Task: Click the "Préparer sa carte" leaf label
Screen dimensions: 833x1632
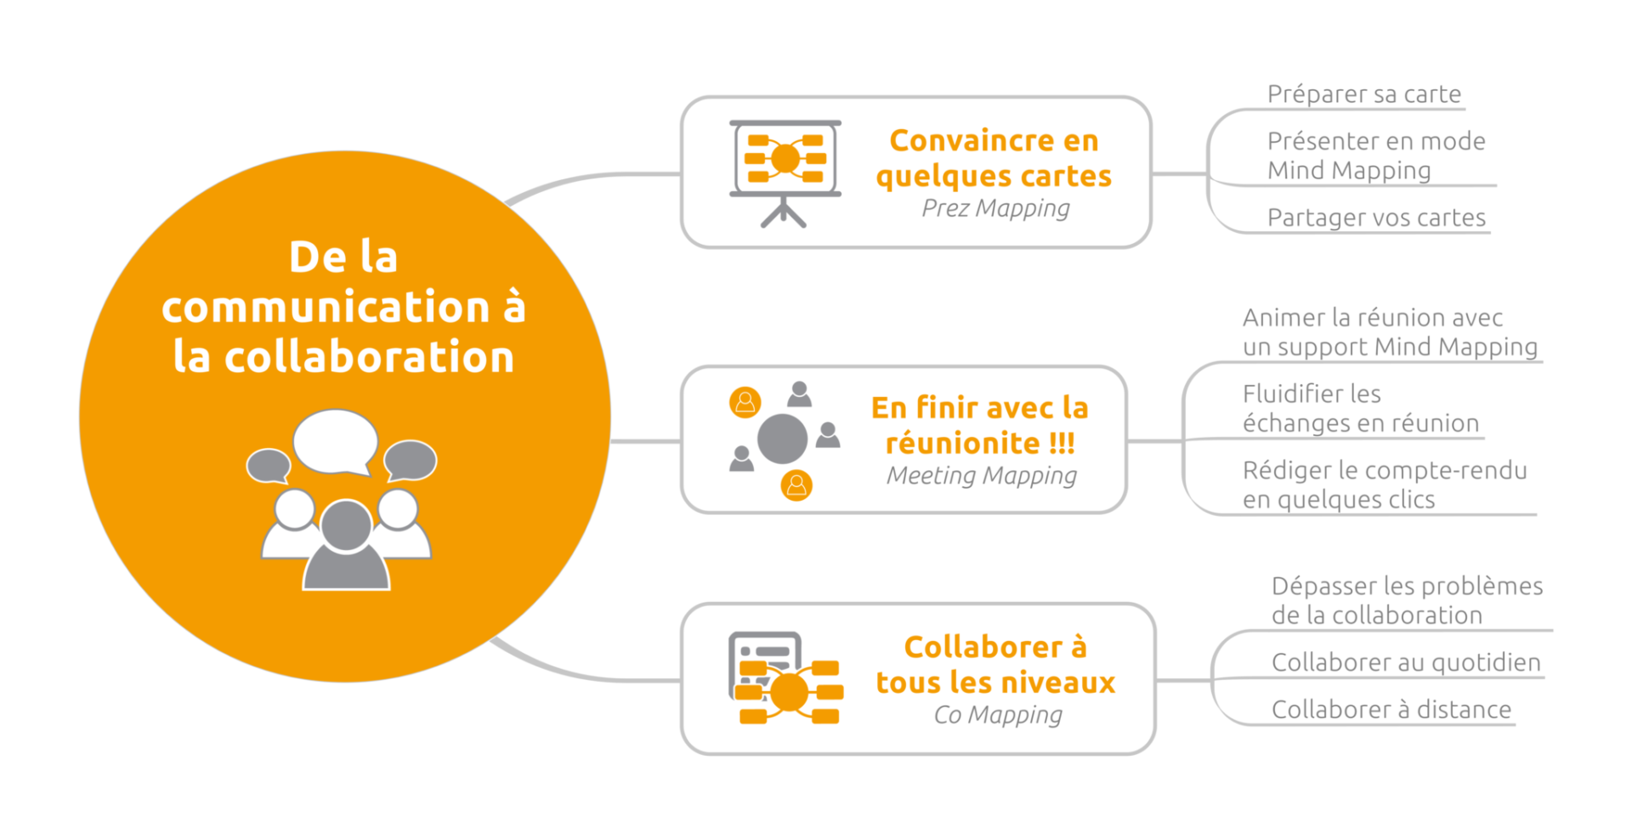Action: tap(1363, 93)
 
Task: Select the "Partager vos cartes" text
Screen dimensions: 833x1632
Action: tap(1376, 218)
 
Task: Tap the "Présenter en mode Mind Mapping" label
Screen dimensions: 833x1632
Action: tap(1375, 156)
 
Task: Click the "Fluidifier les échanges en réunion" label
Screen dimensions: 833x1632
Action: tap(1360, 408)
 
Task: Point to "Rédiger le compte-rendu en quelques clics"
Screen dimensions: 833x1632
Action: tap(1384, 484)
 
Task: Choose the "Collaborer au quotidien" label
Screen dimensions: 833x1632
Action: tap(1405, 662)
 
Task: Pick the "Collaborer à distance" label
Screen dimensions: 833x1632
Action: tap(1391, 709)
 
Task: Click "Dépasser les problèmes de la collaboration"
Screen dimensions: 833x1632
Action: tap(1406, 600)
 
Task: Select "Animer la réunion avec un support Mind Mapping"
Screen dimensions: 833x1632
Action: tap(1389, 331)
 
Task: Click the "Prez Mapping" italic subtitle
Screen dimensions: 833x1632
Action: tap(995, 208)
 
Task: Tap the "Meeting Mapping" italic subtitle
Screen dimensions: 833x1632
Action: tap(981, 475)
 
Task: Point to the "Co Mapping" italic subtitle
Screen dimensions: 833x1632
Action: tap(997, 715)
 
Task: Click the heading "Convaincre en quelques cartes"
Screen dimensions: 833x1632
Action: tap(994, 158)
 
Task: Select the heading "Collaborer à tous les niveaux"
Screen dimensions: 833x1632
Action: tap(995, 665)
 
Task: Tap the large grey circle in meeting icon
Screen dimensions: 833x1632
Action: tap(782, 439)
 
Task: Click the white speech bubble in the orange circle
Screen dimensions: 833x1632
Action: tap(335, 440)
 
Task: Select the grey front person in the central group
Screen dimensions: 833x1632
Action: tap(346, 548)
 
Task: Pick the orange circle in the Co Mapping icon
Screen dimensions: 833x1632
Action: tap(789, 692)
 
